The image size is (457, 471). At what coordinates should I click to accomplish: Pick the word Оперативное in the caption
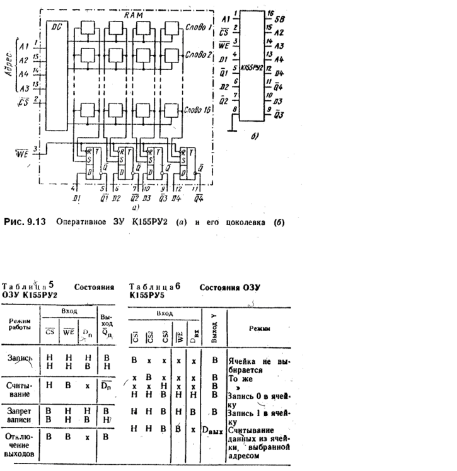pyautogui.click(x=79, y=222)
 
